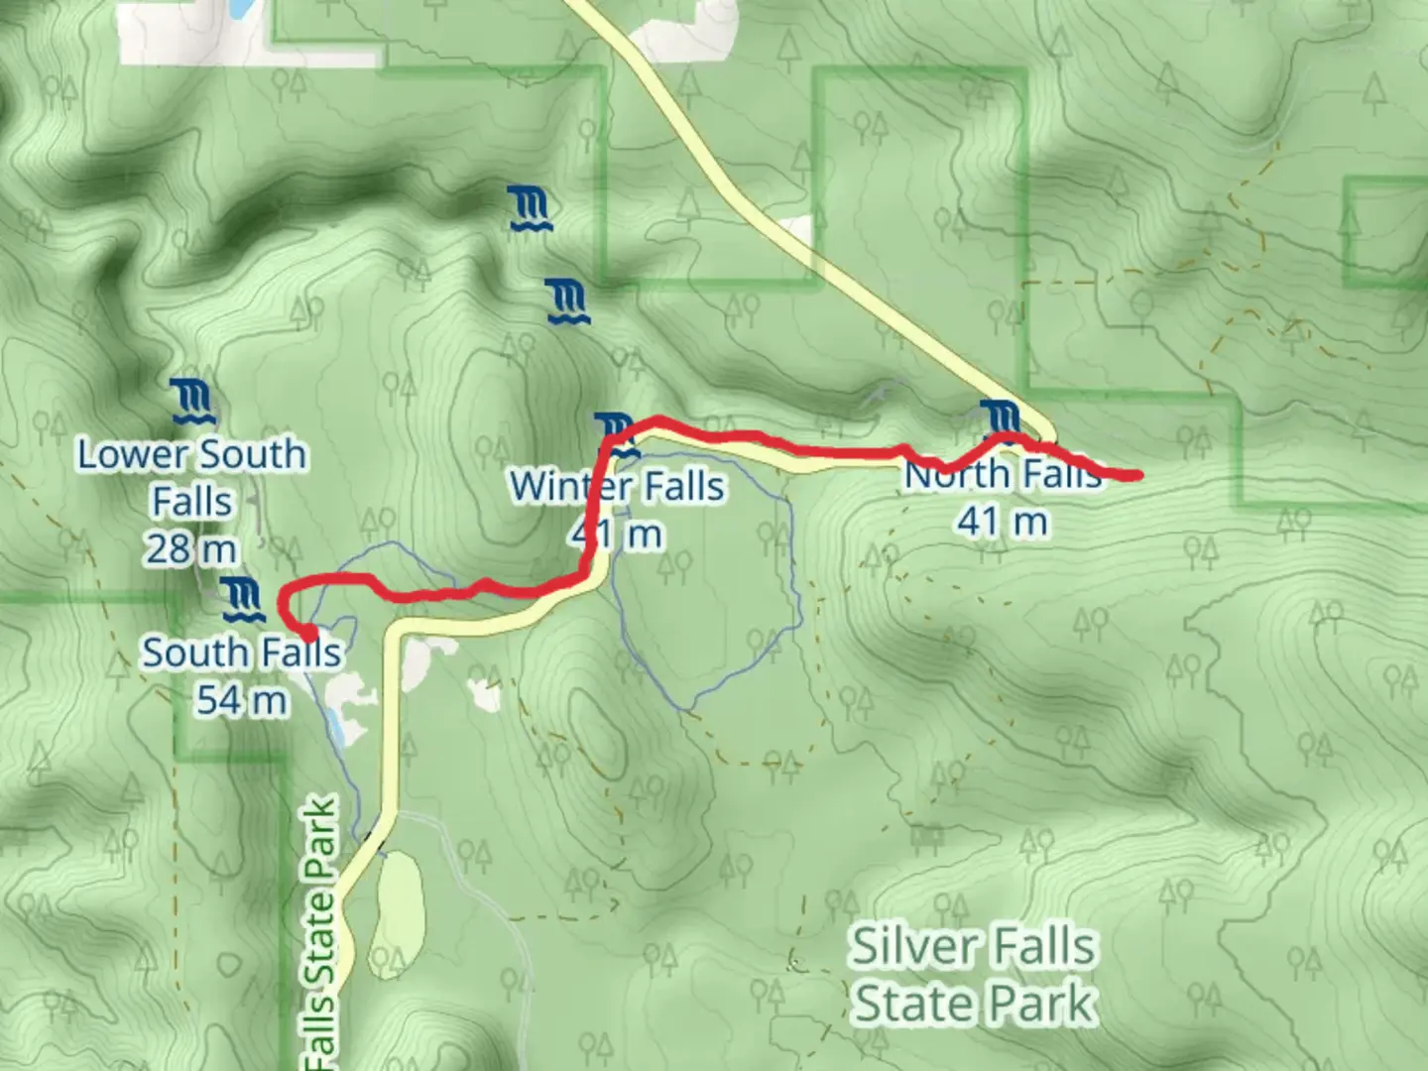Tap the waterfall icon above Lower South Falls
(191, 402)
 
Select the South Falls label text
(241, 653)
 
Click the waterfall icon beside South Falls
(241, 600)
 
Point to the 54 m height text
(241, 700)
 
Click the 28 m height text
(191, 548)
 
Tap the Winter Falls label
(617, 487)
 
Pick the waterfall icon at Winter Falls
(618, 435)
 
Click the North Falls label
(1003, 475)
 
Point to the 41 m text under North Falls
(1002, 521)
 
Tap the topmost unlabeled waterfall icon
(531, 209)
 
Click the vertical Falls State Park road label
(323, 932)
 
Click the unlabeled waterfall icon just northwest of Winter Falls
(568, 301)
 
